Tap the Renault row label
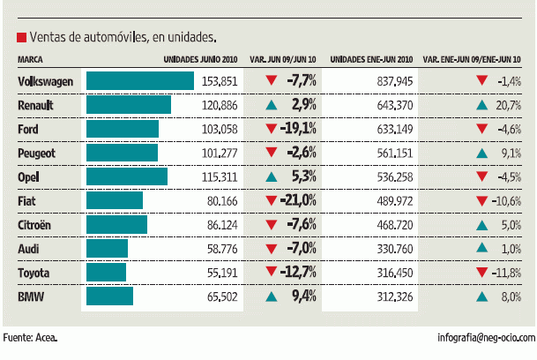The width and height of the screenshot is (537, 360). point(36,105)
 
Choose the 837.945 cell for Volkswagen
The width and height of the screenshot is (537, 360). point(393,81)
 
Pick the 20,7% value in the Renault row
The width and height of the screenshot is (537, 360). point(509,105)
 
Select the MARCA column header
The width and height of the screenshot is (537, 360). point(30,60)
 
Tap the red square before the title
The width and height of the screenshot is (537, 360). point(20,38)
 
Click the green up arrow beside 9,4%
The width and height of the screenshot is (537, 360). point(272,296)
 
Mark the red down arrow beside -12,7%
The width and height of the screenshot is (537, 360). point(272,271)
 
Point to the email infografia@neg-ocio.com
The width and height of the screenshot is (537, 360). point(486,337)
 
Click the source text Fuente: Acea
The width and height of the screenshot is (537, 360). point(31,337)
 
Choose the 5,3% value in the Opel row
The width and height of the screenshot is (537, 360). point(302,176)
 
